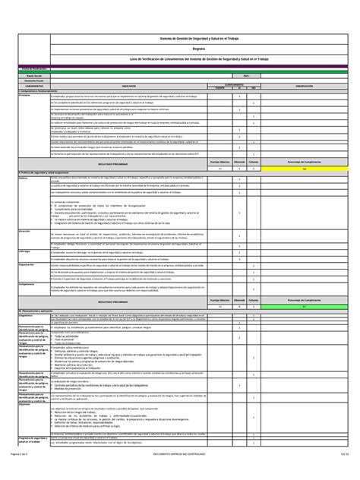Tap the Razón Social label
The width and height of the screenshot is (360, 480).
pos(31,75)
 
